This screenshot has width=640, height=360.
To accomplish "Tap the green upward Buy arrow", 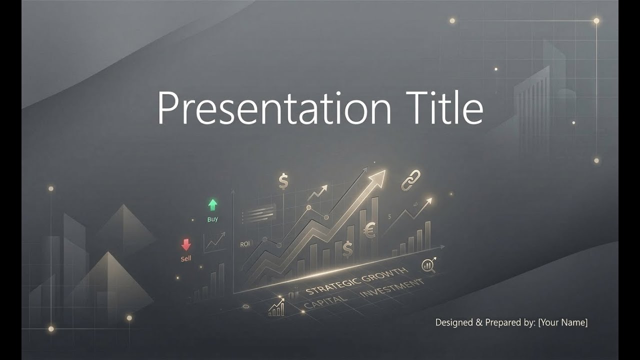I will point(212,204).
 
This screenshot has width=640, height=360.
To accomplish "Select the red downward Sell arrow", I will point(186,244).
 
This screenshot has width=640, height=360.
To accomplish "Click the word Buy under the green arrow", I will point(212,219).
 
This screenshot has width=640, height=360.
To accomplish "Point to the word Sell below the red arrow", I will point(186,259).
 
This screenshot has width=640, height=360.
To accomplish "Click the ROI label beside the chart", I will point(245,244).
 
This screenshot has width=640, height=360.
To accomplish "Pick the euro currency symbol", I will point(370,230).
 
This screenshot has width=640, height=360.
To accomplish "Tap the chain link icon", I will point(411,180).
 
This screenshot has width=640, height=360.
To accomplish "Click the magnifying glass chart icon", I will point(428,265).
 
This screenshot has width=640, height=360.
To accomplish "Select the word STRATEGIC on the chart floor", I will point(330,286).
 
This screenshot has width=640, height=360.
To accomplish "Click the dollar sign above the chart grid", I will point(283,181).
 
